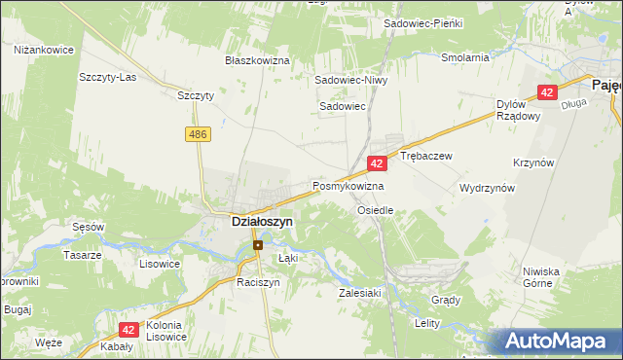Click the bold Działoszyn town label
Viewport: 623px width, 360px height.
(x=262, y=222)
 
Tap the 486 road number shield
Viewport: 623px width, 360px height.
(x=200, y=133)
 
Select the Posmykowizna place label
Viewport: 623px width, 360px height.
(x=348, y=186)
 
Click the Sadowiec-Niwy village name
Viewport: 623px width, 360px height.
(x=351, y=81)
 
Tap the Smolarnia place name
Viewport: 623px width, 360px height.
(x=464, y=57)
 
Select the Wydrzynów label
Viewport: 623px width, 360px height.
(x=487, y=189)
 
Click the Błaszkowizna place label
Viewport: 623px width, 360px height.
(x=258, y=60)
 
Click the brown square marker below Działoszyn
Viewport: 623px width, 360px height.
(x=258, y=245)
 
